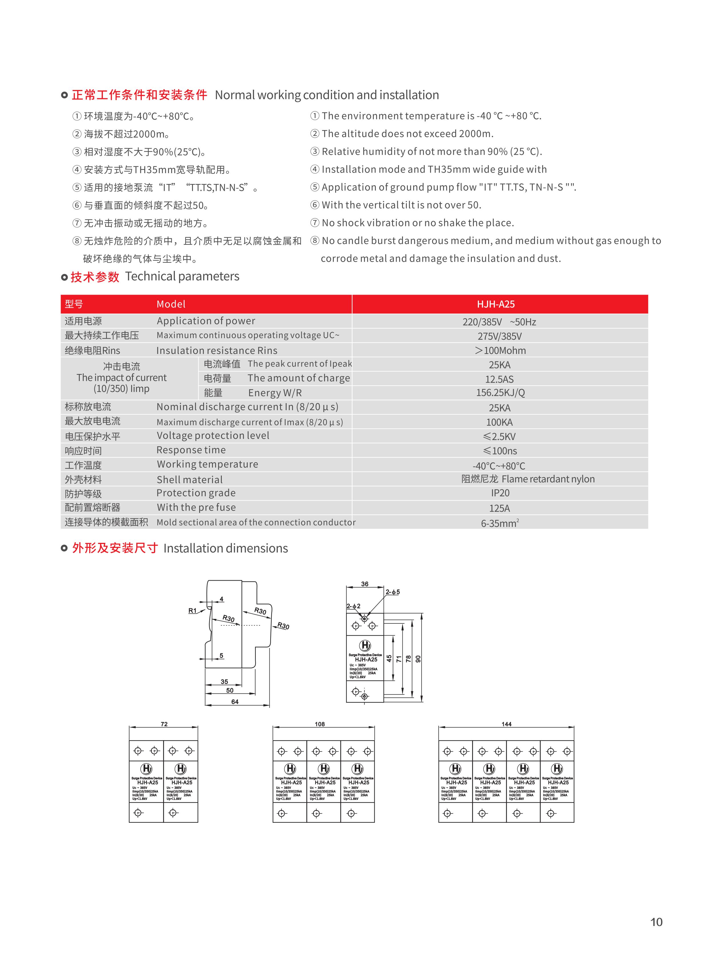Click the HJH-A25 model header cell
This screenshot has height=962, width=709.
coord(496,304)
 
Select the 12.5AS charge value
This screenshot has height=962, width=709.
coord(499,379)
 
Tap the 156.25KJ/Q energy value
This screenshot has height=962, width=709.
coord(500,393)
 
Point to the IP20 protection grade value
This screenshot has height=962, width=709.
coord(500,493)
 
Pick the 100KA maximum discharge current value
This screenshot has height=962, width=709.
coord(499,422)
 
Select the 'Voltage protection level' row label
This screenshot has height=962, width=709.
coord(213,435)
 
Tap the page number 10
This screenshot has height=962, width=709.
coord(656,922)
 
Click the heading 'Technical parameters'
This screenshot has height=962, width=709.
coord(182,276)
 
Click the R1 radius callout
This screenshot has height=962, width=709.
coord(192,611)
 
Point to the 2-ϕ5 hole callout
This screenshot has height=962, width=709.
coord(392,592)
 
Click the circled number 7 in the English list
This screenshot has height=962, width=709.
coord(315,223)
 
